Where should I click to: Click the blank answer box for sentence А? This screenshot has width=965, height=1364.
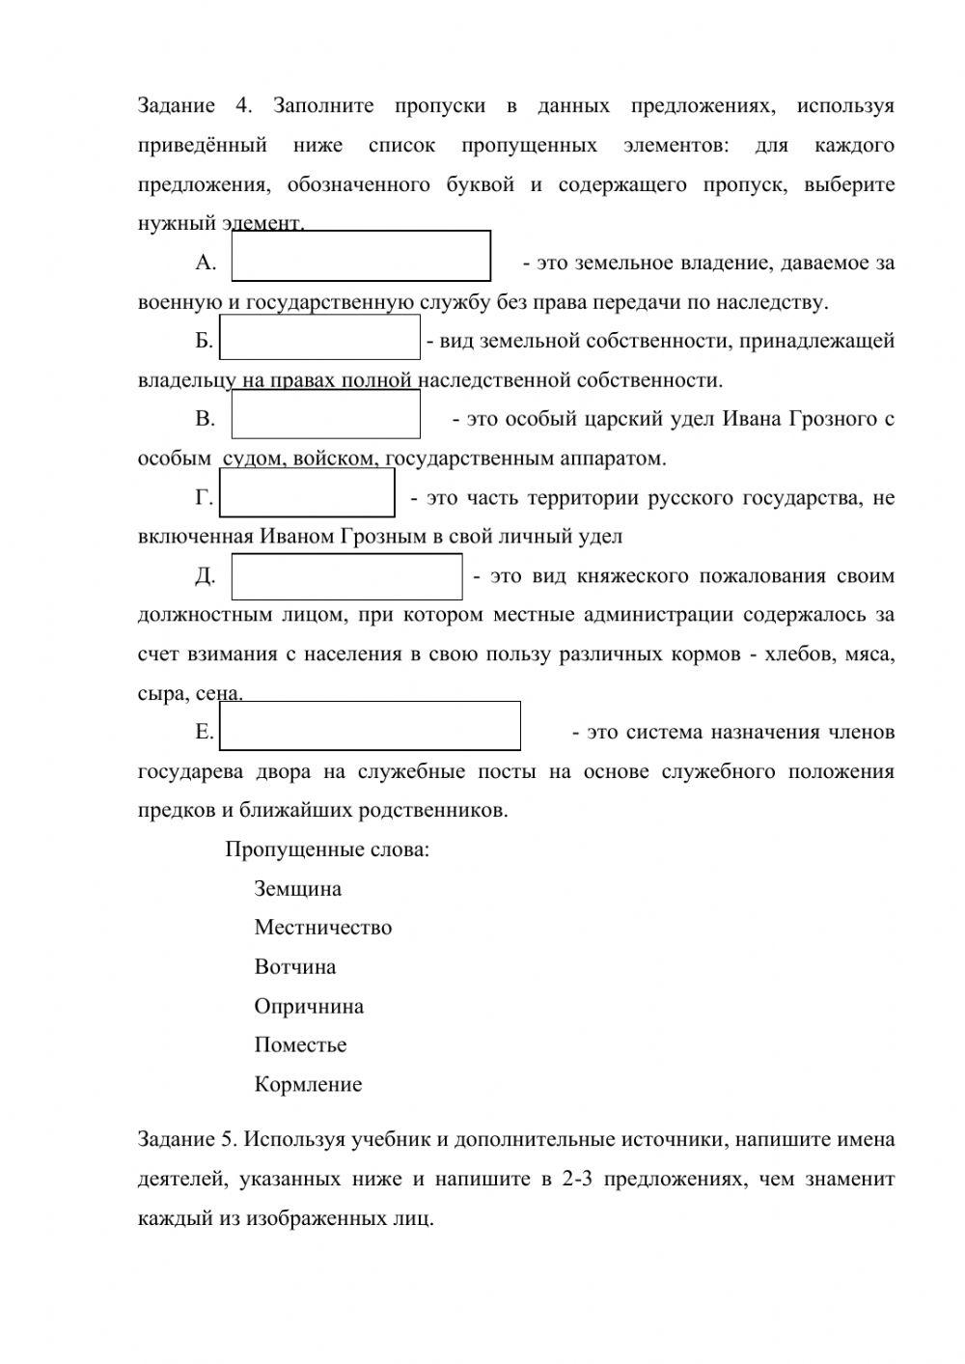(361, 256)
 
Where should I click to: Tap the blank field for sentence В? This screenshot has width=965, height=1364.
(325, 414)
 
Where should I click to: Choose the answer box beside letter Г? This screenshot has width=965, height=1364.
(307, 494)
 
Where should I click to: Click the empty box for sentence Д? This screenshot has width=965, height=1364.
(346, 576)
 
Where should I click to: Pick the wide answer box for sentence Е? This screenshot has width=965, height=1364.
(370, 726)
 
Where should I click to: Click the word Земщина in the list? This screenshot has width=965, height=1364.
(297, 889)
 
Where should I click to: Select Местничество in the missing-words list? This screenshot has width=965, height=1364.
(322, 928)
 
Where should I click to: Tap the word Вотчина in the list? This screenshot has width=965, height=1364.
(295, 967)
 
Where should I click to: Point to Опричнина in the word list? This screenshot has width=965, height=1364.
(309, 1007)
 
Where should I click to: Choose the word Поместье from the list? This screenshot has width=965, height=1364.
(300, 1045)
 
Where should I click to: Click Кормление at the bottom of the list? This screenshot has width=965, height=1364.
(308, 1085)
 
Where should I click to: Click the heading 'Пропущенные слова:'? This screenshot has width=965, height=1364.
(327, 850)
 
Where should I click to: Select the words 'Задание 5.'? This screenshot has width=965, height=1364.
(187, 1140)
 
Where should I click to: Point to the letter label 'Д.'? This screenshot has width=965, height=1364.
(205, 576)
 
